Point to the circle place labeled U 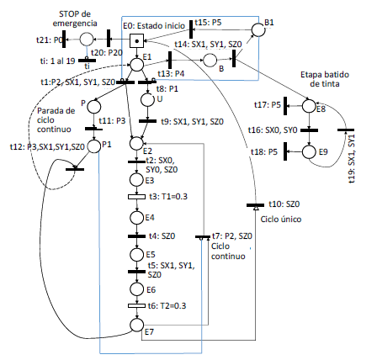146,100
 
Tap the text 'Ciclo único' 278,219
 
